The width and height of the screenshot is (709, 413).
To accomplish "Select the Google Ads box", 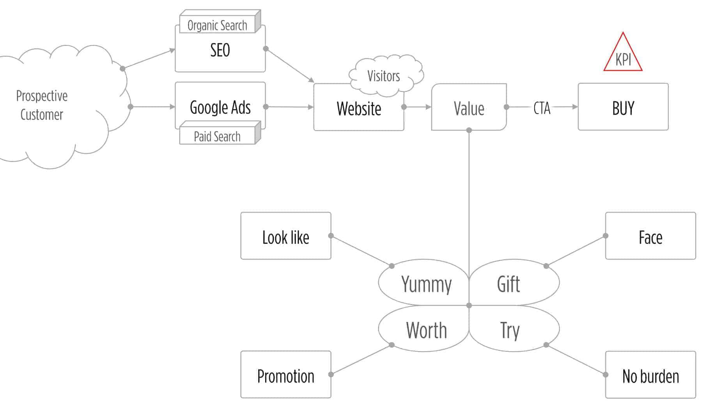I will [220, 107].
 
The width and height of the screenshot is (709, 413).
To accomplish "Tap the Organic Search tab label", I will [217, 25].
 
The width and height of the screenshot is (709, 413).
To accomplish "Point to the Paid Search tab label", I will [217, 136].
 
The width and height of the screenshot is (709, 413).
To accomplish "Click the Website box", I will [358, 108].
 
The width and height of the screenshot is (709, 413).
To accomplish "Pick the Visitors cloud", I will [384, 76].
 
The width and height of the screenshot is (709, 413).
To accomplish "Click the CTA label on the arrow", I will [542, 108].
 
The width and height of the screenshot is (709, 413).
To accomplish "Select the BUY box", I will [623, 107].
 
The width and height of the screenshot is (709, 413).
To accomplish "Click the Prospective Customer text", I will [42, 105].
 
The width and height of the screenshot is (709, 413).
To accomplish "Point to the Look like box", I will [285, 236].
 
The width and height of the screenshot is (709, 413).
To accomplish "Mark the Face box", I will [650, 236].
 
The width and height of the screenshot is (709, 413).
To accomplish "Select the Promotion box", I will [285, 375].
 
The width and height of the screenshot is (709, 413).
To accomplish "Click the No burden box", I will [650, 375].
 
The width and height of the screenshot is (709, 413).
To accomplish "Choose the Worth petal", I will [426, 330].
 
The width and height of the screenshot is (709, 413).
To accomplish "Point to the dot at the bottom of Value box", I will [469, 130].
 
